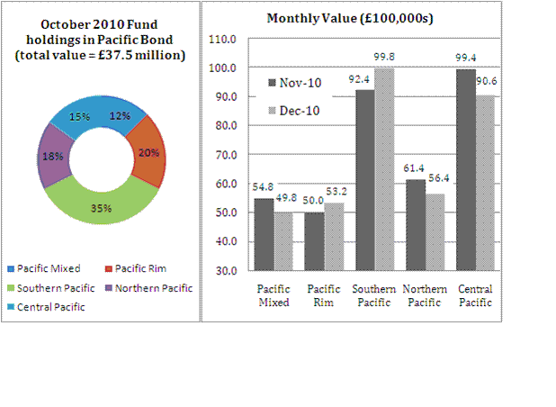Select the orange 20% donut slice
point(148,153)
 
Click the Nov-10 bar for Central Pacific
point(466,171)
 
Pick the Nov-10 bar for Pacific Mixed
point(265,234)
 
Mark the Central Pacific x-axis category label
point(475,295)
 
